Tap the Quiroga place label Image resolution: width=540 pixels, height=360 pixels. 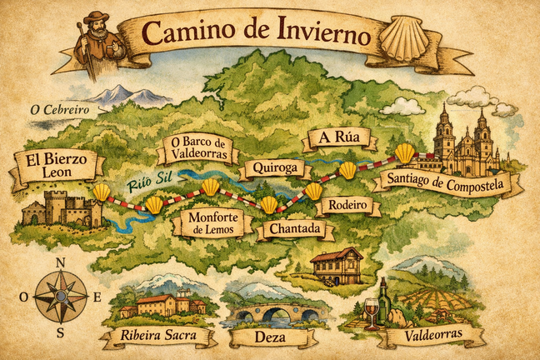(x=270, y=169)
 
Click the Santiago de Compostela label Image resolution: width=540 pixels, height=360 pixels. (x=447, y=184)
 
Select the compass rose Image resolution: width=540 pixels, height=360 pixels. (x=61, y=296)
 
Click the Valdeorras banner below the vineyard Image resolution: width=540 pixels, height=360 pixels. (x=430, y=337)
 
